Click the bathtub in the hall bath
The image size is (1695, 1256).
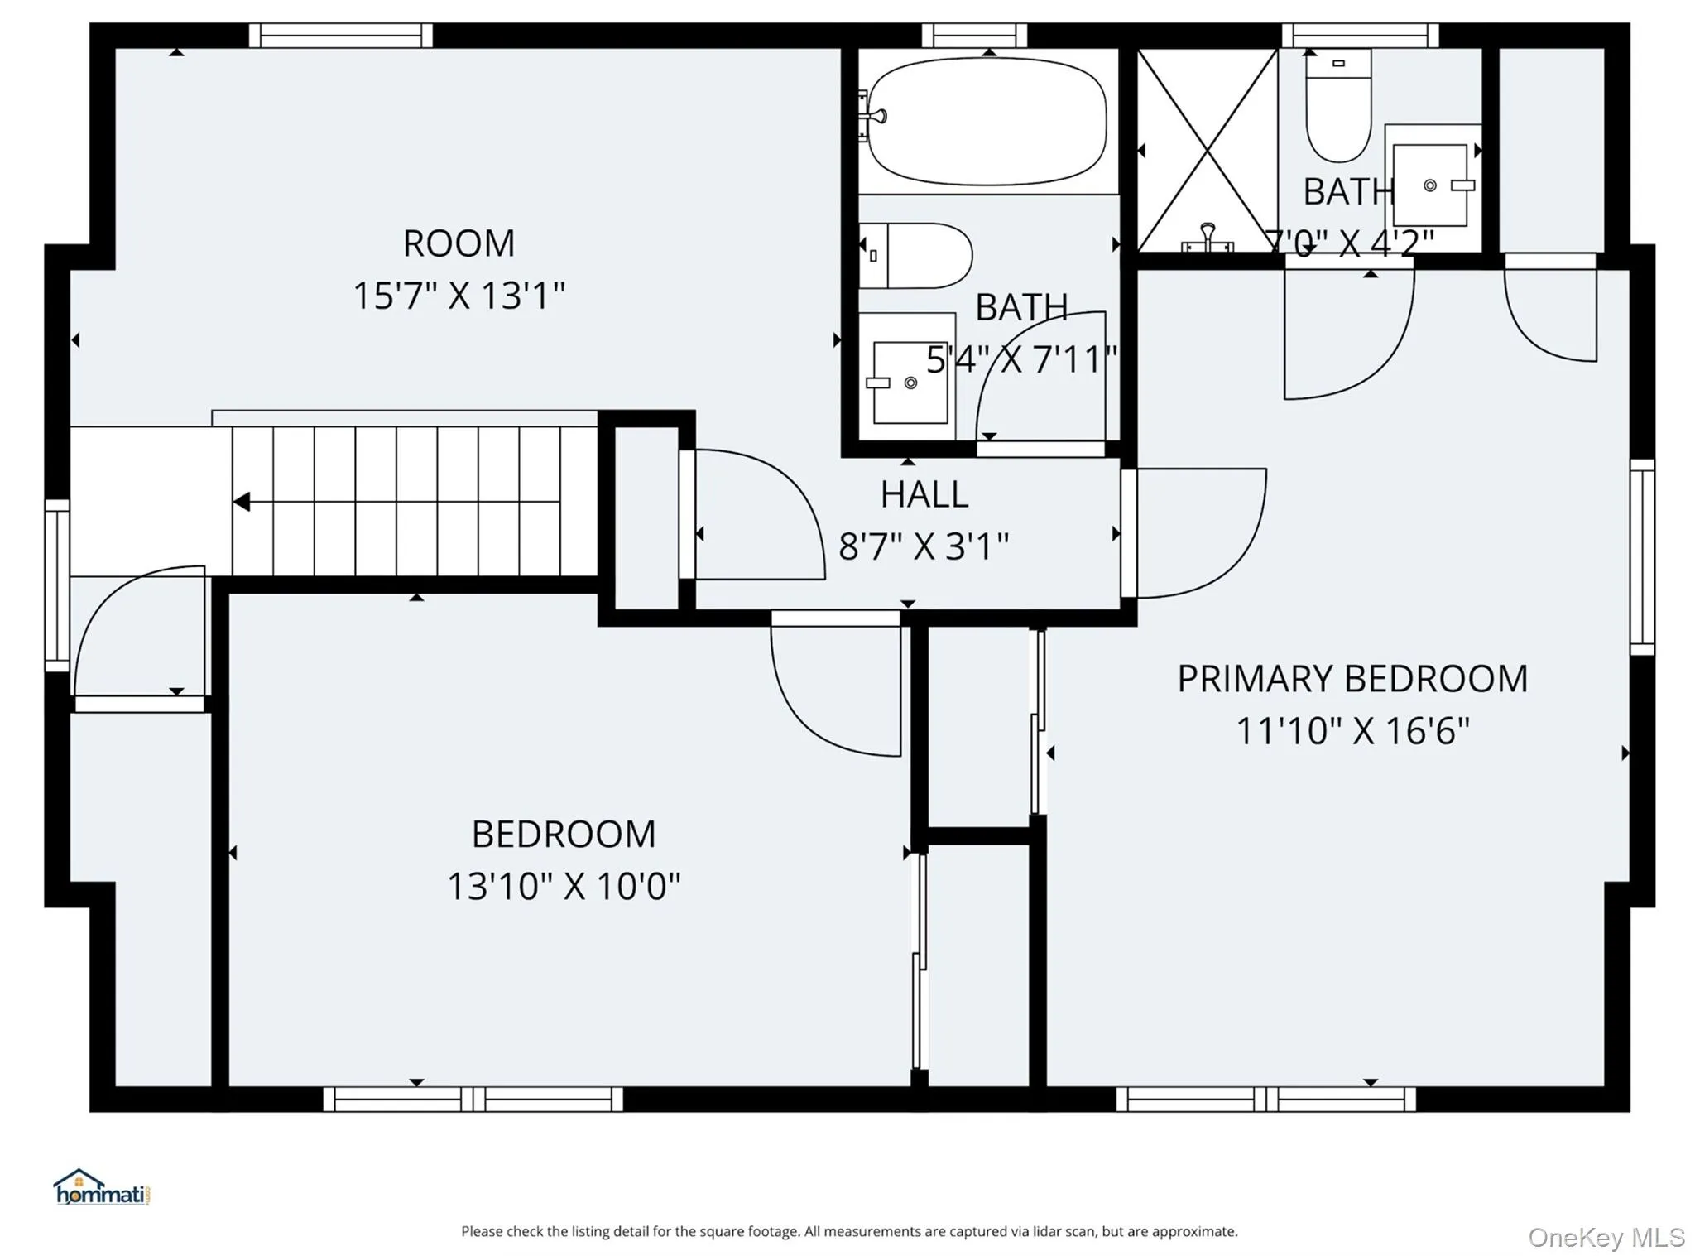pyautogui.click(x=987, y=122)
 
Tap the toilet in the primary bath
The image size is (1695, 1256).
pyautogui.click(x=1338, y=105)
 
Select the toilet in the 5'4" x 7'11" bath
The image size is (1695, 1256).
pyautogui.click(x=915, y=256)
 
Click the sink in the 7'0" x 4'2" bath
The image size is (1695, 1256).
pyautogui.click(x=1431, y=185)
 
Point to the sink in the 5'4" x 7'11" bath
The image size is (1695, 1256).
pyautogui.click(x=907, y=377)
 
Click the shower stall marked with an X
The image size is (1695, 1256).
pyautogui.click(x=1208, y=150)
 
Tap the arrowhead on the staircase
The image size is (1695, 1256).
pyautogui.click(x=242, y=502)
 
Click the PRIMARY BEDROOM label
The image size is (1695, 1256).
pyautogui.click(x=1352, y=679)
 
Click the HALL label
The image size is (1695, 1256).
pyautogui.click(x=924, y=495)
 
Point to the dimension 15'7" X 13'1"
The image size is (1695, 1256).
pyautogui.click(x=459, y=296)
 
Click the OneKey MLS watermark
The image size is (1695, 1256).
pyautogui.click(x=1606, y=1237)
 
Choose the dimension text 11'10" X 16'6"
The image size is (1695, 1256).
pyautogui.click(x=1352, y=731)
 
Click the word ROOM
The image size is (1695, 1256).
pyautogui.click(x=459, y=243)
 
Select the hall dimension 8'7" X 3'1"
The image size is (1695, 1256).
pyautogui.click(x=924, y=546)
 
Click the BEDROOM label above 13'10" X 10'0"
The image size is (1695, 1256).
pyautogui.click(x=564, y=834)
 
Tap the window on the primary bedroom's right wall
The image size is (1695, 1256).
pyautogui.click(x=1642, y=557)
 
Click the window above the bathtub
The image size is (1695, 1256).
pyautogui.click(x=974, y=36)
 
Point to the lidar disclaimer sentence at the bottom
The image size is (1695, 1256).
pyautogui.click(x=849, y=1231)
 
